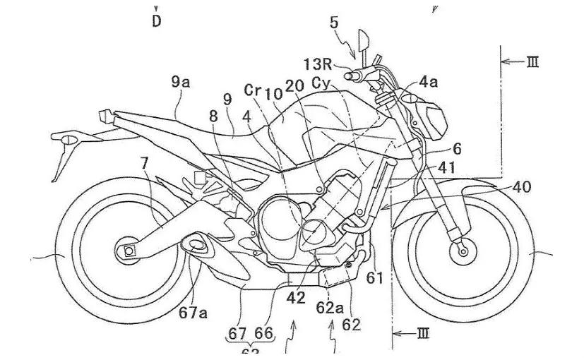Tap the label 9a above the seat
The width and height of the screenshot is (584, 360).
[x=181, y=82]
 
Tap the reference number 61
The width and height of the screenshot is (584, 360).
[x=375, y=277]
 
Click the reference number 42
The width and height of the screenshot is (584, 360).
[x=297, y=298]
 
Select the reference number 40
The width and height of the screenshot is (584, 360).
[x=522, y=187]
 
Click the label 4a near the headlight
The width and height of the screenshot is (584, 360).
[x=428, y=82]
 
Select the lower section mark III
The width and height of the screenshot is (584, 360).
[x=422, y=332]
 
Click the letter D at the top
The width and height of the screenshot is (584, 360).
[x=156, y=20]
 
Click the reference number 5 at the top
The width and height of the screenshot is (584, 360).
[x=334, y=23]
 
